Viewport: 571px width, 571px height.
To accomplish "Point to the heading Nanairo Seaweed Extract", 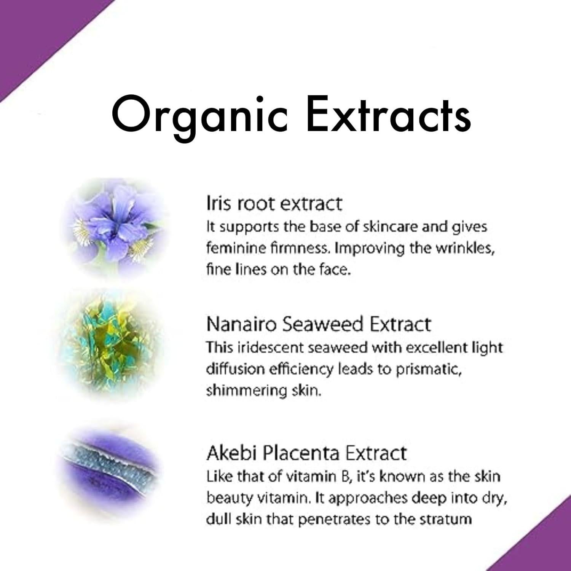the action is [x=319, y=324].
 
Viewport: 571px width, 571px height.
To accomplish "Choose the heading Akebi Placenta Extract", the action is [x=306, y=453].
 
